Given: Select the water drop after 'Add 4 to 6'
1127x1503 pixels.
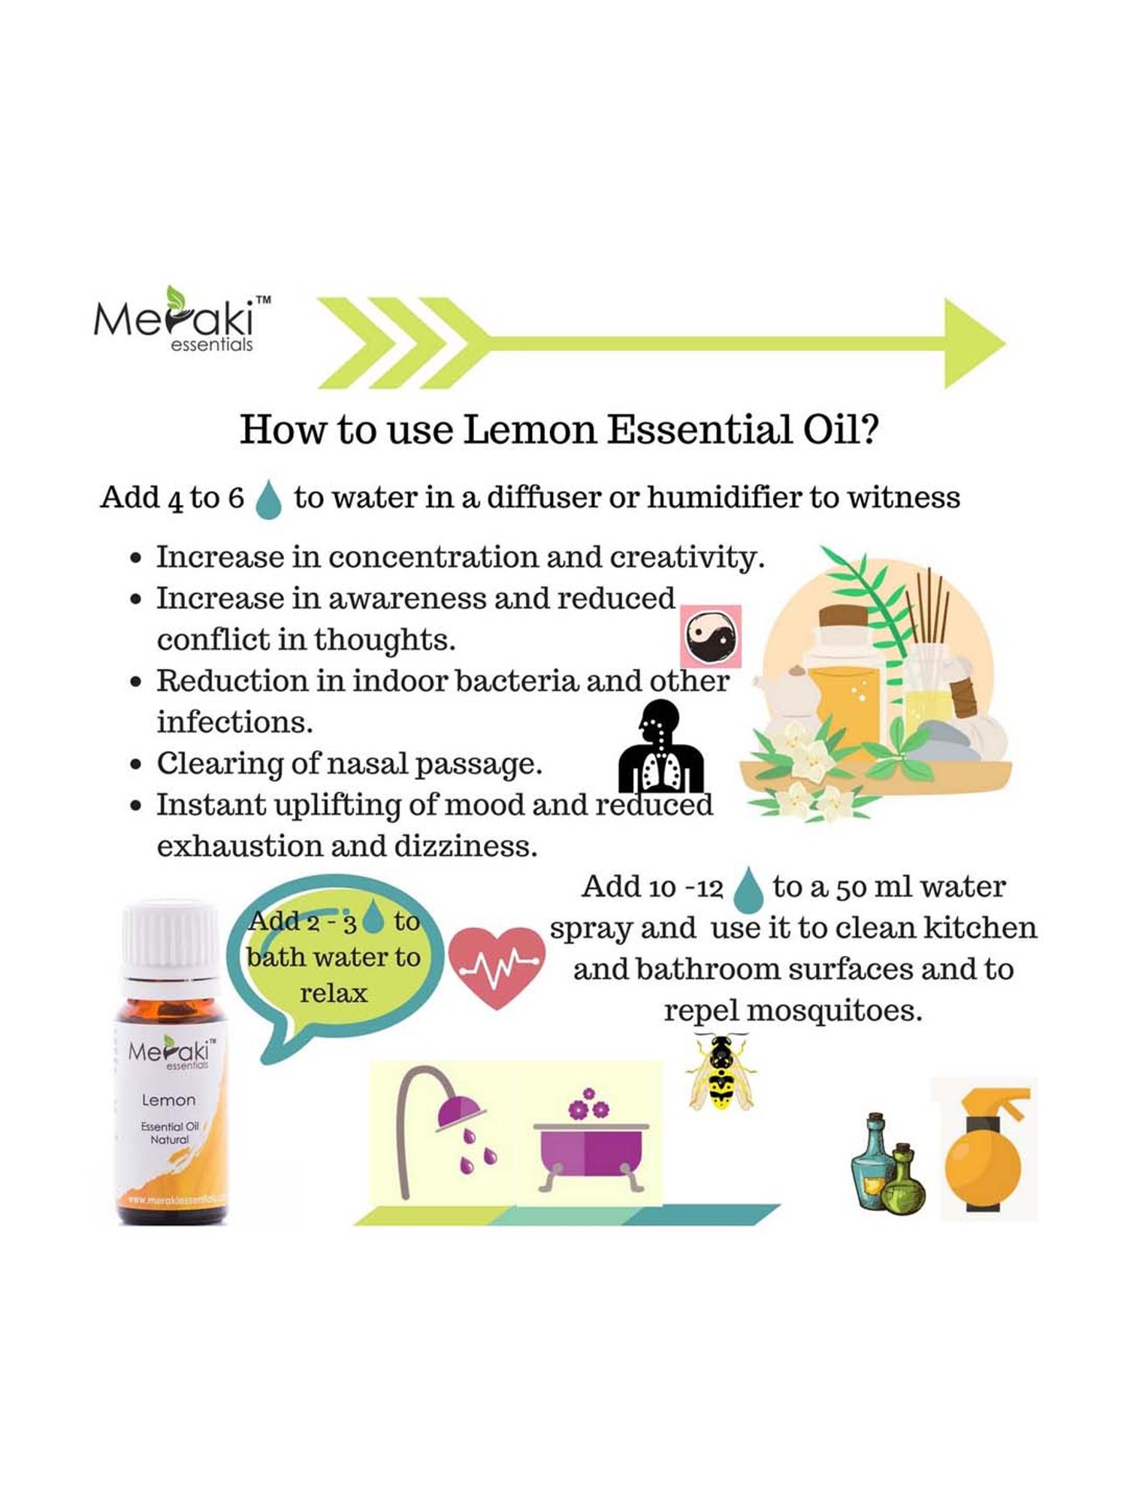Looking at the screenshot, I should pyautogui.click(x=268, y=500).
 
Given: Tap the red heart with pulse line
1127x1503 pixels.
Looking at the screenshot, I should pyautogui.click(x=497, y=966).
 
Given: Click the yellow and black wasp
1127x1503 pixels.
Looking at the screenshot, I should pyautogui.click(x=721, y=1072).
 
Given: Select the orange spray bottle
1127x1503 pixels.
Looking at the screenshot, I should pyautogui.click(x=985, y=1151).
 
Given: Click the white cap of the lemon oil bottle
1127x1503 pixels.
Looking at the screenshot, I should pyautogui.click(x=170, y=936).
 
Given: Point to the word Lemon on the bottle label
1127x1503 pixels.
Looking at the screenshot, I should pyautogui.click(x=169, y=1099).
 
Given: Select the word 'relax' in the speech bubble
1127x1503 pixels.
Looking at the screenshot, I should pyautogui.click(x=334, y=993).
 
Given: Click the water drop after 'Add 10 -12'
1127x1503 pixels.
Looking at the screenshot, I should pyautogui.click(x=747, y=889).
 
